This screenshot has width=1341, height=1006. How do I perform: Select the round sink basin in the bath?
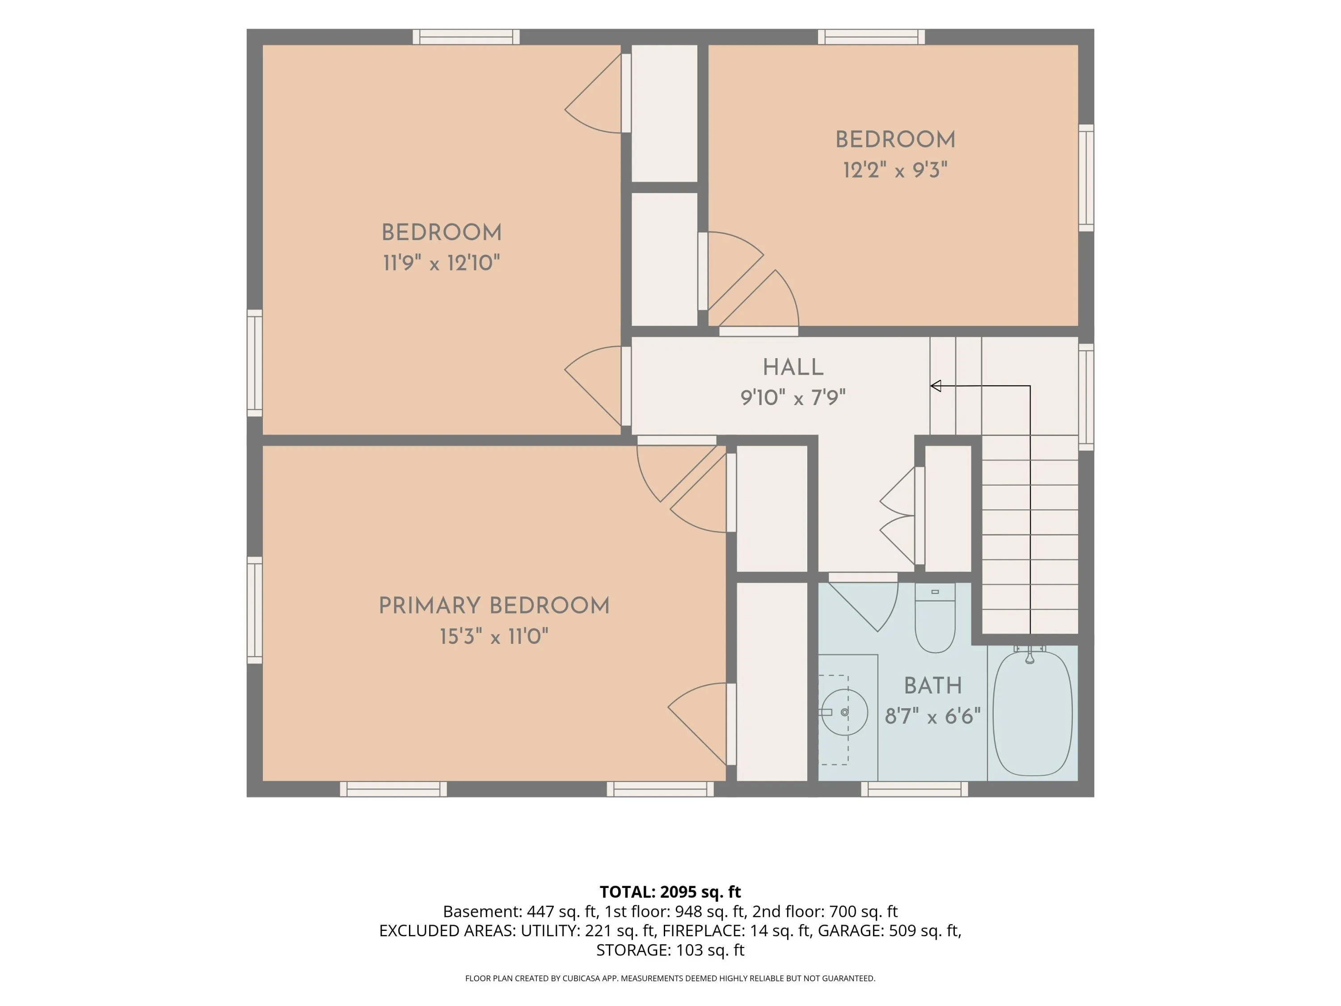click(844, 712)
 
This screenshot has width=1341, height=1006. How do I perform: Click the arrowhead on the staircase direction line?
click(936, 386)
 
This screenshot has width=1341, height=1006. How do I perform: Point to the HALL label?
click(793, 368)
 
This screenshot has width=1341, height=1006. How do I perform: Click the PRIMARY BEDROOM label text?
click(494, 606)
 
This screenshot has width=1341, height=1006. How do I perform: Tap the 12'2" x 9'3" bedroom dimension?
click(895, 170)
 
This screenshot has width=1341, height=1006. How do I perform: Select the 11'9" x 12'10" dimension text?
click(441, 263)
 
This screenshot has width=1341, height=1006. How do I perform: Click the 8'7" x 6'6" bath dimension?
click(932, 716)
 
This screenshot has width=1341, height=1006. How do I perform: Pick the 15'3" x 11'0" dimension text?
click(494, 637)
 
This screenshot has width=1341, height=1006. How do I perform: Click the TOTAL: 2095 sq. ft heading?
click(670, 892)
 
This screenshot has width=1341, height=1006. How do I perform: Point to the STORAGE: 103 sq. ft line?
click(670, 950)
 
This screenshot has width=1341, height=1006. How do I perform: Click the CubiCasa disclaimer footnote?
click(670, 978)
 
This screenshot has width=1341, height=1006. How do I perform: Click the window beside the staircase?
click(1086, 397)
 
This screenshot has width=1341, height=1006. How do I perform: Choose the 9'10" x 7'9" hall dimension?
click(793, 398)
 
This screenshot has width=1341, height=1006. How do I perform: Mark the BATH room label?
click(932, 686)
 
